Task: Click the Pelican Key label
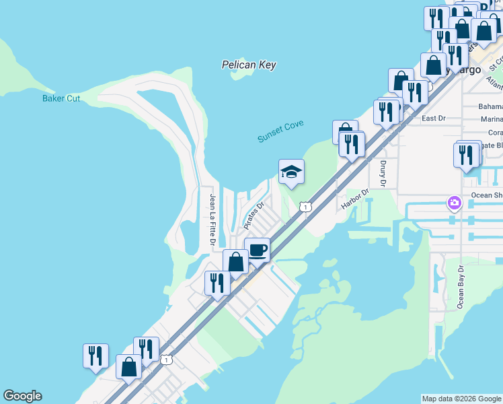[249, 65]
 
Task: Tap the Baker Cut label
[61, 98]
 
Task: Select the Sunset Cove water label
[280, 131]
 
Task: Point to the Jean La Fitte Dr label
[212, 220]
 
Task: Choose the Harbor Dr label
[356, 198]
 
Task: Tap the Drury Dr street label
[383, 173]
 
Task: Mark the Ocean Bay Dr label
[461, 287]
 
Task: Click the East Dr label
[433, 119]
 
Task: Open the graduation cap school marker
[291, 172]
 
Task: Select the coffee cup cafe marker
[257, 250]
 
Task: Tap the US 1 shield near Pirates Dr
[305, 207]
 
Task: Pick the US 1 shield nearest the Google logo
[166, 360]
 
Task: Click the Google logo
[22, 396]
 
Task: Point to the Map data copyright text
[461, 399]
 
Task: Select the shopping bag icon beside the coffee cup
[236, 262]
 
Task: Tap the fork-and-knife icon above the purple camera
[466, 154]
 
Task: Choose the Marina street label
[491, 119]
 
